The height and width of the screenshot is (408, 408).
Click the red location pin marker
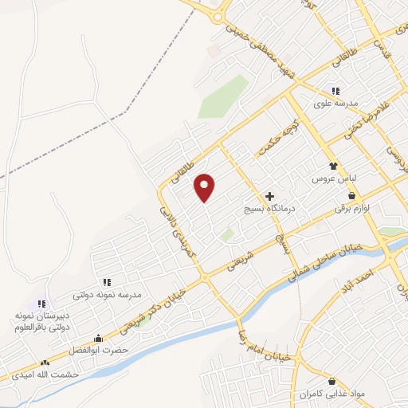click(x=205, y=187)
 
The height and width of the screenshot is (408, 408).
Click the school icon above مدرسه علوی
click(x=335, y=92)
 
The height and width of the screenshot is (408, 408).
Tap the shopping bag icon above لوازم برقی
click(x=351, y=197)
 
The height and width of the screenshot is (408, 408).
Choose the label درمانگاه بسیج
click(x=269, y=209)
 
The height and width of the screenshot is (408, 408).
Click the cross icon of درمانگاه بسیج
click(x=269, y=195)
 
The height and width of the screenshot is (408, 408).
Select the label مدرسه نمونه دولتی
click(x=107, y=295)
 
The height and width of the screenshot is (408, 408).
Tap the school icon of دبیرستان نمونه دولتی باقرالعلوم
click(x=41, y=304)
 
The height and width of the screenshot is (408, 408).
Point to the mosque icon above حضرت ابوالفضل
click(x=98, y=338)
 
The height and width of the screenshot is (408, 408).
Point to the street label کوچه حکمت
click(x=277, y=139)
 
